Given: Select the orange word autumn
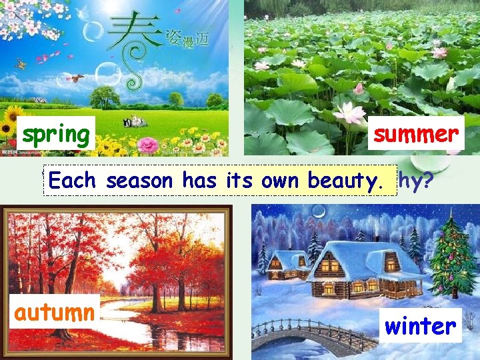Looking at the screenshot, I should [55, 312].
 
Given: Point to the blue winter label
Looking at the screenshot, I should [421, 326].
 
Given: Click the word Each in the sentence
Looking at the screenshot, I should [75, 180].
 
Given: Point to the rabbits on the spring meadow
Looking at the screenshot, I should [135, 121].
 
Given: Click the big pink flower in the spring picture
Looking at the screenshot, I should [147, 144].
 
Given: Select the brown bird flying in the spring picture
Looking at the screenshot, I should [79, 78].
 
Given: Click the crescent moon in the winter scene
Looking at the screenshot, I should [319, 213].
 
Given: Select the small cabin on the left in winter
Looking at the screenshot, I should [286, 265].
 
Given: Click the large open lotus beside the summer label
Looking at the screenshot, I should [351, 113].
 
